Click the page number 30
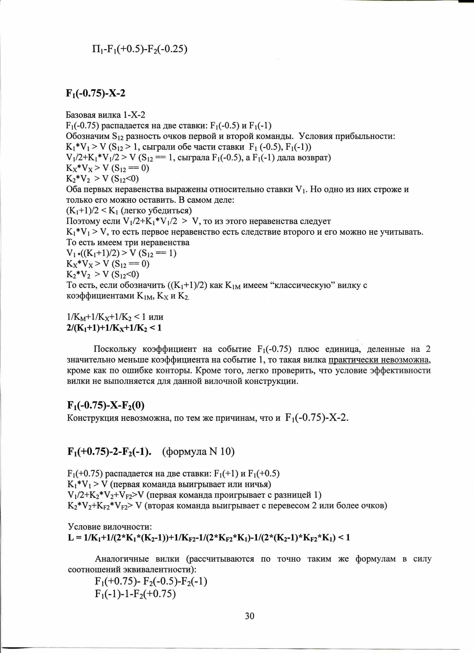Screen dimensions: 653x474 [249, 616]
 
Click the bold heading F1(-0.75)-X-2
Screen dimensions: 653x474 [96, 93]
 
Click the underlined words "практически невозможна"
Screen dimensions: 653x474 [379, 360]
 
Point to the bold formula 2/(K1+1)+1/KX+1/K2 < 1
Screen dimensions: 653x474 [114, 328]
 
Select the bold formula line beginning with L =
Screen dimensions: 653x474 [209, 538]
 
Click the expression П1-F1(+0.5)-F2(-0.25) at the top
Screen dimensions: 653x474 [140, 49]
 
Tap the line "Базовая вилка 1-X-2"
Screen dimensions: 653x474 [106, 115]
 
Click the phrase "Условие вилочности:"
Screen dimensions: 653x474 [110, 527]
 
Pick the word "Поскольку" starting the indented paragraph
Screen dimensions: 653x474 [115, 349]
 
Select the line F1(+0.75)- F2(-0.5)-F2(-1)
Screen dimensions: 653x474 [151, 581]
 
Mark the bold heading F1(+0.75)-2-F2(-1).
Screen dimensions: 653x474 [109, 451]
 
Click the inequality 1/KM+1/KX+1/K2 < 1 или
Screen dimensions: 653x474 [115, 317]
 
